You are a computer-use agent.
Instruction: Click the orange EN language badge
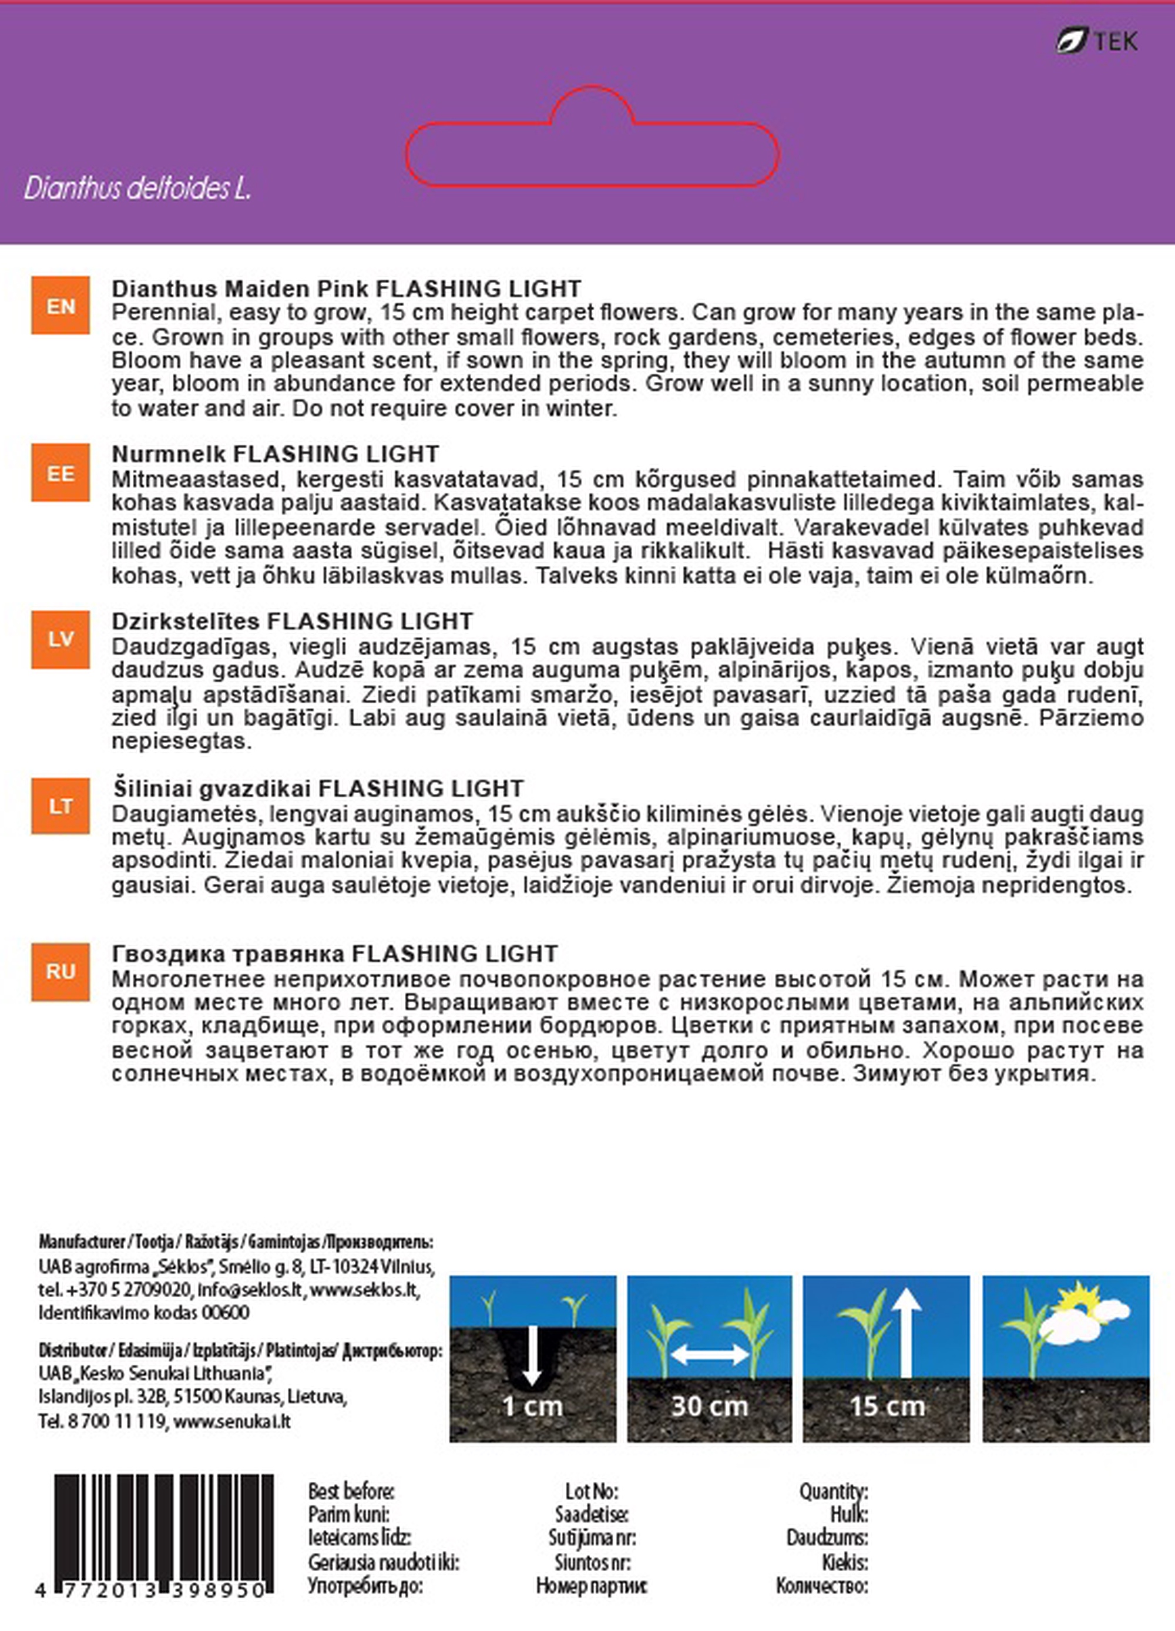coord(61,306)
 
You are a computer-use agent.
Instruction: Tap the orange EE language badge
coord(61,472)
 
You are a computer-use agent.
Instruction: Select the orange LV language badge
coord(61,639)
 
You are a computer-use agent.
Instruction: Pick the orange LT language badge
coord(61,806)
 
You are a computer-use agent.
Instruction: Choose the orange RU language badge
coord(61,972)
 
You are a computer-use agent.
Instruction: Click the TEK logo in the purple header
coord(1097,41)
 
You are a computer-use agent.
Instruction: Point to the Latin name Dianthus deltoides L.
coord(137,189)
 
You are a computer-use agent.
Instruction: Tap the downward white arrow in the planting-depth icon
coord(532,1355)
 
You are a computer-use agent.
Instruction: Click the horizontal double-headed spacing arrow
coord(709,1355)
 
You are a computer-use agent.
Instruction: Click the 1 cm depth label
coord(532,1407)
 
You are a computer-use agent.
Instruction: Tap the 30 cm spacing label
coord(709,1407)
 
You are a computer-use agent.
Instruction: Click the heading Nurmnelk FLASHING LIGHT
coord(276,455)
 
